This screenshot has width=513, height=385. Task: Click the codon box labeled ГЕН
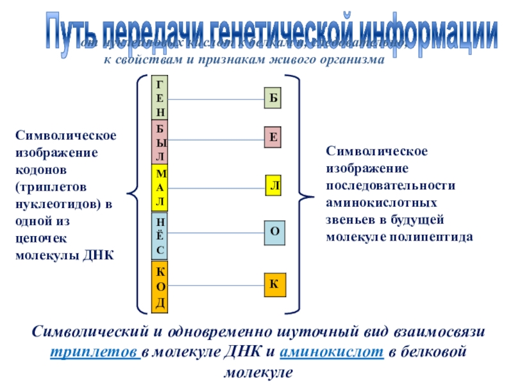[x=160, y=99]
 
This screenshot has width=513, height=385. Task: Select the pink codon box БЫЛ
[x=160, y=142]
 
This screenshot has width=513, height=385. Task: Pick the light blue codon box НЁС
[x=160, y=235]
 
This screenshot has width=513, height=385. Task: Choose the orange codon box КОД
[x=160, y=286]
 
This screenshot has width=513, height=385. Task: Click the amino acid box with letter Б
[x=273, y=99]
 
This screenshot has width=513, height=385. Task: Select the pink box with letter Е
[x=273, y=137]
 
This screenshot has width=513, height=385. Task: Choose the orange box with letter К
[x=274, y=283]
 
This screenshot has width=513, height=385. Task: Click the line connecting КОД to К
[x=215, y=284]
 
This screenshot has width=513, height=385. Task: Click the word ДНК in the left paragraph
[x=98, y=255]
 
